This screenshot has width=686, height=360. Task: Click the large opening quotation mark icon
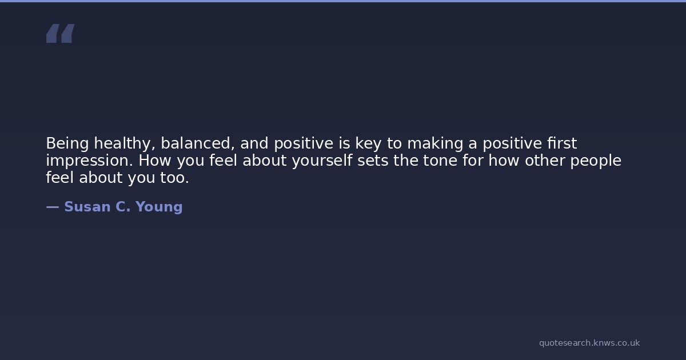point(61,33)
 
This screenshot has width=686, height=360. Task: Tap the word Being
point(67,143)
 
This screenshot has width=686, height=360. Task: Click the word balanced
point(198,143)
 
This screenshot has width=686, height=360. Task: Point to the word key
point(368,143)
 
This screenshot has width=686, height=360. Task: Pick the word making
point(435,143)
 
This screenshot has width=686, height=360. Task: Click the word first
point(562,143)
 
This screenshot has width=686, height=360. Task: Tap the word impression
point(89,161)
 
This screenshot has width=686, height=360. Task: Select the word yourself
point(322,161)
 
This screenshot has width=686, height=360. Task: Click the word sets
point(373,161)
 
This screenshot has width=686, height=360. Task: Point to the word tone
point(440,161)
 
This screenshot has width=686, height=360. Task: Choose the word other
point(545,160)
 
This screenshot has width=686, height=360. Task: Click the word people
point(596,161)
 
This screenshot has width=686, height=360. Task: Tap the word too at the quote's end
point(174,178)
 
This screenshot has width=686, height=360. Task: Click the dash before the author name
point(53,207)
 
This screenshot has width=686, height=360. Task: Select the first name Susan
point(87,207)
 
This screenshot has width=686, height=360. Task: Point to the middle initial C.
point(123,207)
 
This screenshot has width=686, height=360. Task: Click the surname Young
point(159,207)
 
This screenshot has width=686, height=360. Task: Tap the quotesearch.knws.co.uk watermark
point(589,343)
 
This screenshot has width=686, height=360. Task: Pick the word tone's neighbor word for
point(473,160)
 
